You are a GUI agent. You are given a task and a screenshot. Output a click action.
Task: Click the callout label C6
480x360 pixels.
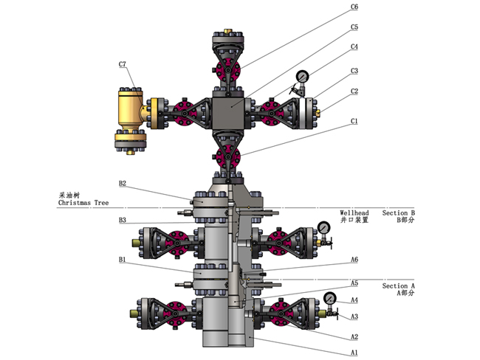pos(354,7)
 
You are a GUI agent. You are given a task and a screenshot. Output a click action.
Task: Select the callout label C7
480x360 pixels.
pos(123,65)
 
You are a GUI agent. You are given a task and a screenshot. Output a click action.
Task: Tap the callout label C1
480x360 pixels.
pos(354,121)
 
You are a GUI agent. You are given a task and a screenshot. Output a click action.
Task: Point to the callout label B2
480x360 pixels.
pos(123,184)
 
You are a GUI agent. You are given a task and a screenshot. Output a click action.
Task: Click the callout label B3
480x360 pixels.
pos(123,220)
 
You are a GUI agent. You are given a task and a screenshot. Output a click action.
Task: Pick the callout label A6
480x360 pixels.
pos(354,260)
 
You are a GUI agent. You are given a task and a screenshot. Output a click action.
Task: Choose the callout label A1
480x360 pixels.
pos(354,352)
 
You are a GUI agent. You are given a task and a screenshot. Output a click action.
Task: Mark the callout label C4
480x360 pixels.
pos(354,46)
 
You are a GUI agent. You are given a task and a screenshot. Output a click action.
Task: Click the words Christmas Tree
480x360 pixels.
pos(84,201)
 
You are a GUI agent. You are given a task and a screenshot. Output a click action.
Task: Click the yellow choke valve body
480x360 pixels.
pos(133,108)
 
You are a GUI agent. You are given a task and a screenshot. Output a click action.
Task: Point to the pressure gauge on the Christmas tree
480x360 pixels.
pos(303,77)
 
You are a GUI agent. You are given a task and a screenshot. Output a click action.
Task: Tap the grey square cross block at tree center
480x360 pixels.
pos(229,108)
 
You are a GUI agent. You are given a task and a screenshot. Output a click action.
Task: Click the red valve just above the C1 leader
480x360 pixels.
pos(229,156)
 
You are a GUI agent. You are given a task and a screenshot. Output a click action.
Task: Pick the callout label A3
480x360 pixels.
pos(354,316)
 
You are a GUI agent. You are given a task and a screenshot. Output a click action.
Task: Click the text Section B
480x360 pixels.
pos(399,212)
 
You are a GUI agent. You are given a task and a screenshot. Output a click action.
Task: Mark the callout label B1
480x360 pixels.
pos(123,260)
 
